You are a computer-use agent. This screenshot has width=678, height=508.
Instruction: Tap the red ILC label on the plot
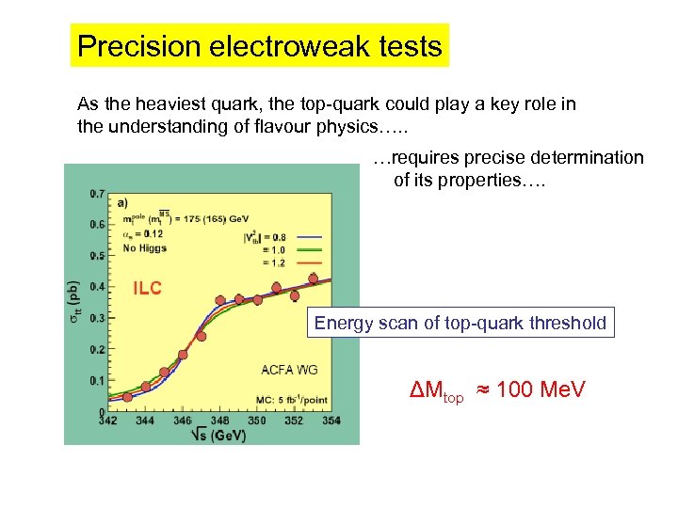146,288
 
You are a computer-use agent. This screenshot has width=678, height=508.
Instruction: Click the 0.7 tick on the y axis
97,194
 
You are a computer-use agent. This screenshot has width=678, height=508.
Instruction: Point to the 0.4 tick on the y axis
97,287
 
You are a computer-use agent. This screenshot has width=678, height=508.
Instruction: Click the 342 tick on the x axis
109,420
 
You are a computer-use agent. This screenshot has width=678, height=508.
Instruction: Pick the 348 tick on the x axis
220,420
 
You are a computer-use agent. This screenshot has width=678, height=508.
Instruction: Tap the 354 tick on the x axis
331,420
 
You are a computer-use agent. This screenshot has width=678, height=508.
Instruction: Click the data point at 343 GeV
127,395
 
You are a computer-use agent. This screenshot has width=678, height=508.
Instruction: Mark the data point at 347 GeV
202,335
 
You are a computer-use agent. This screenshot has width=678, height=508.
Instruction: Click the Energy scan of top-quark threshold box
460,323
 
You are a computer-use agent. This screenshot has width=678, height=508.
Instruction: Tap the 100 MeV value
541,389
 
